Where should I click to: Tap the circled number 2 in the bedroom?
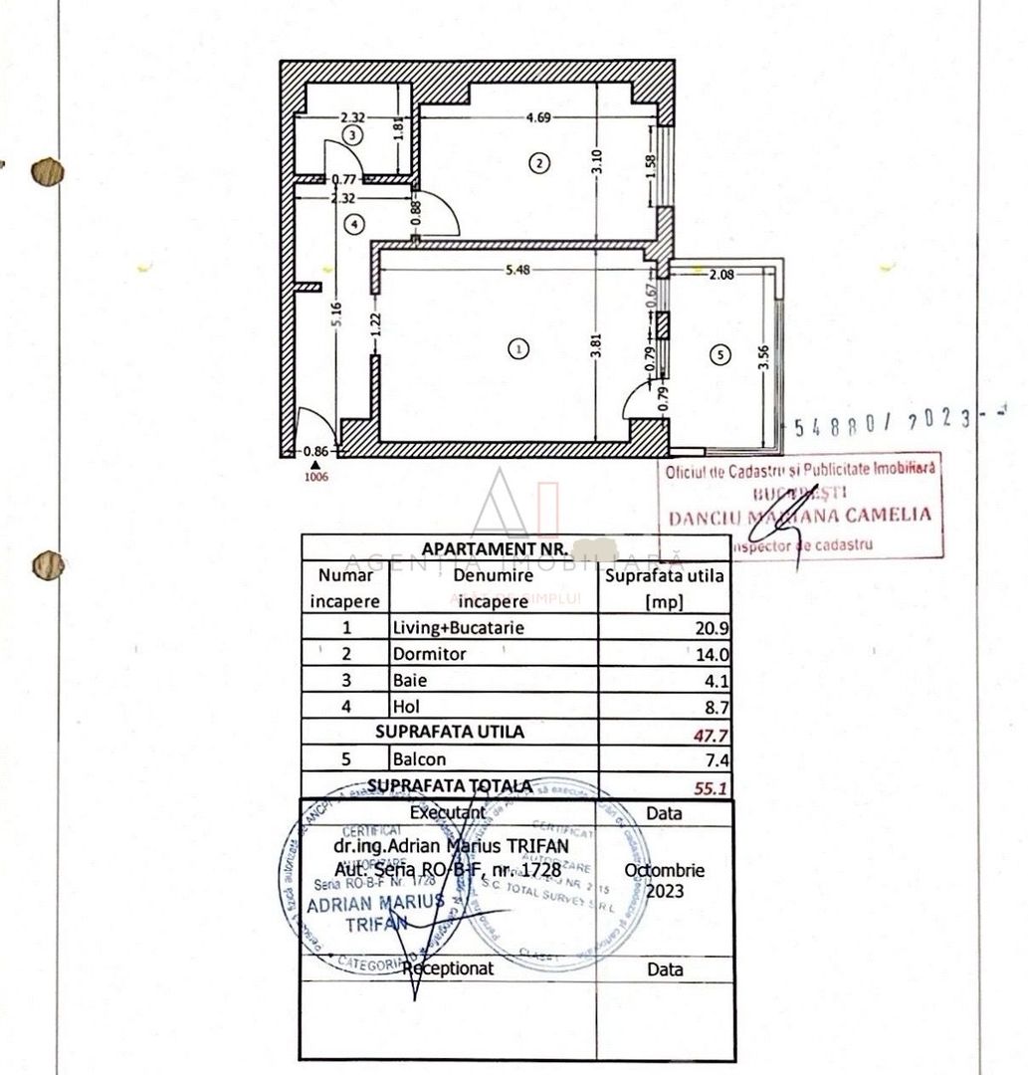click(538, 163)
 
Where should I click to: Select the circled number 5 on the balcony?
click(720, 353)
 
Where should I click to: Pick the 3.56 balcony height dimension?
click(765, 356)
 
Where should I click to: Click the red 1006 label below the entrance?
click(316, 477)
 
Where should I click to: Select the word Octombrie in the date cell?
click(664, 870)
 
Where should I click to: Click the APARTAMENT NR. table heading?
click(495, 548)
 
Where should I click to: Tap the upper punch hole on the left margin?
click(47, 172)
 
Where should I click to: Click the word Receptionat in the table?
click(449, 967)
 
